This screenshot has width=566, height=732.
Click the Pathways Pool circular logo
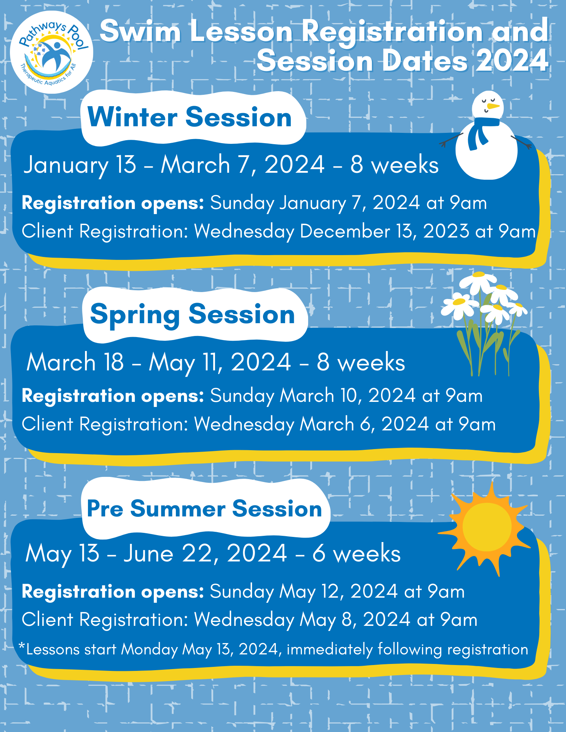(x=51, y=52)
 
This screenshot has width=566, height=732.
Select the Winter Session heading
(x=189, y=117)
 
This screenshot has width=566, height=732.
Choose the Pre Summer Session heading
(x=204, y=509)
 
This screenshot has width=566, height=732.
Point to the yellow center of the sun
(x=487, y=527)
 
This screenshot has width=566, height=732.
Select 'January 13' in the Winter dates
(x=80, y=165)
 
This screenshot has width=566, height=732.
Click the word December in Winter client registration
(x=345, y=231)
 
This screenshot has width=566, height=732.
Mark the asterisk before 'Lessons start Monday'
(x=22, y=647)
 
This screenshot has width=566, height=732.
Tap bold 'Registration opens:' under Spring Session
(x=113, y=396)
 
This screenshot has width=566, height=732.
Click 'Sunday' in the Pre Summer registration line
(x=242, y=592)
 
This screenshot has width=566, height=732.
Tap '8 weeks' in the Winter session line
(x=395, y=165)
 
